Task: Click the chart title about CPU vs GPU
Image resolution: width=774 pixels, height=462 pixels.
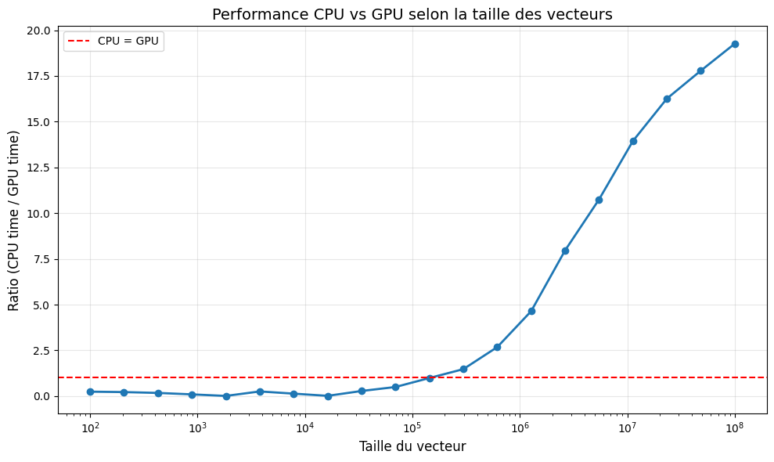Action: click(412, 14)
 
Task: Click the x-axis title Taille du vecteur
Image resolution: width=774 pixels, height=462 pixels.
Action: click(412, 446)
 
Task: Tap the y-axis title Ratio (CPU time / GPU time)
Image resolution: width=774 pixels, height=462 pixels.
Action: click(14, 220)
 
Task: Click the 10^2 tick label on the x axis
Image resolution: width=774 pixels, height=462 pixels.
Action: click(90, 427)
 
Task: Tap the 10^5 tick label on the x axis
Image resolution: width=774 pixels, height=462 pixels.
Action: click(412, 427)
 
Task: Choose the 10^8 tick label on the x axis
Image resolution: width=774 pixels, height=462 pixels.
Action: click(735, 427)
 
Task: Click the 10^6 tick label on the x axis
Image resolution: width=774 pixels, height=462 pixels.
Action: click(520, 427)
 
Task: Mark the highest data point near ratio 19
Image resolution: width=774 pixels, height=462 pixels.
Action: click(735, 44)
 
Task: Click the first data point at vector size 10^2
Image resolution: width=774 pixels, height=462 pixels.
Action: click(90, 392)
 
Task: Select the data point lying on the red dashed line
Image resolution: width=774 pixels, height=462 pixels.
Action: click(430, 378)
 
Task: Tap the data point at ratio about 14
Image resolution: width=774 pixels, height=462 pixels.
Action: click(633, 141)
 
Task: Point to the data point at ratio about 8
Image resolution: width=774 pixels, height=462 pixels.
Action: click(565, 251)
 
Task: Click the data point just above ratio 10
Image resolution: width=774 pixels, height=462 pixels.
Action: click(599, 200)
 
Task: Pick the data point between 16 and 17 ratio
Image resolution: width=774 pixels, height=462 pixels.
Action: click(667, 99)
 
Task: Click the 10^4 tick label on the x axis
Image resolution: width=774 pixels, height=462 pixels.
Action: click(305, 427)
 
